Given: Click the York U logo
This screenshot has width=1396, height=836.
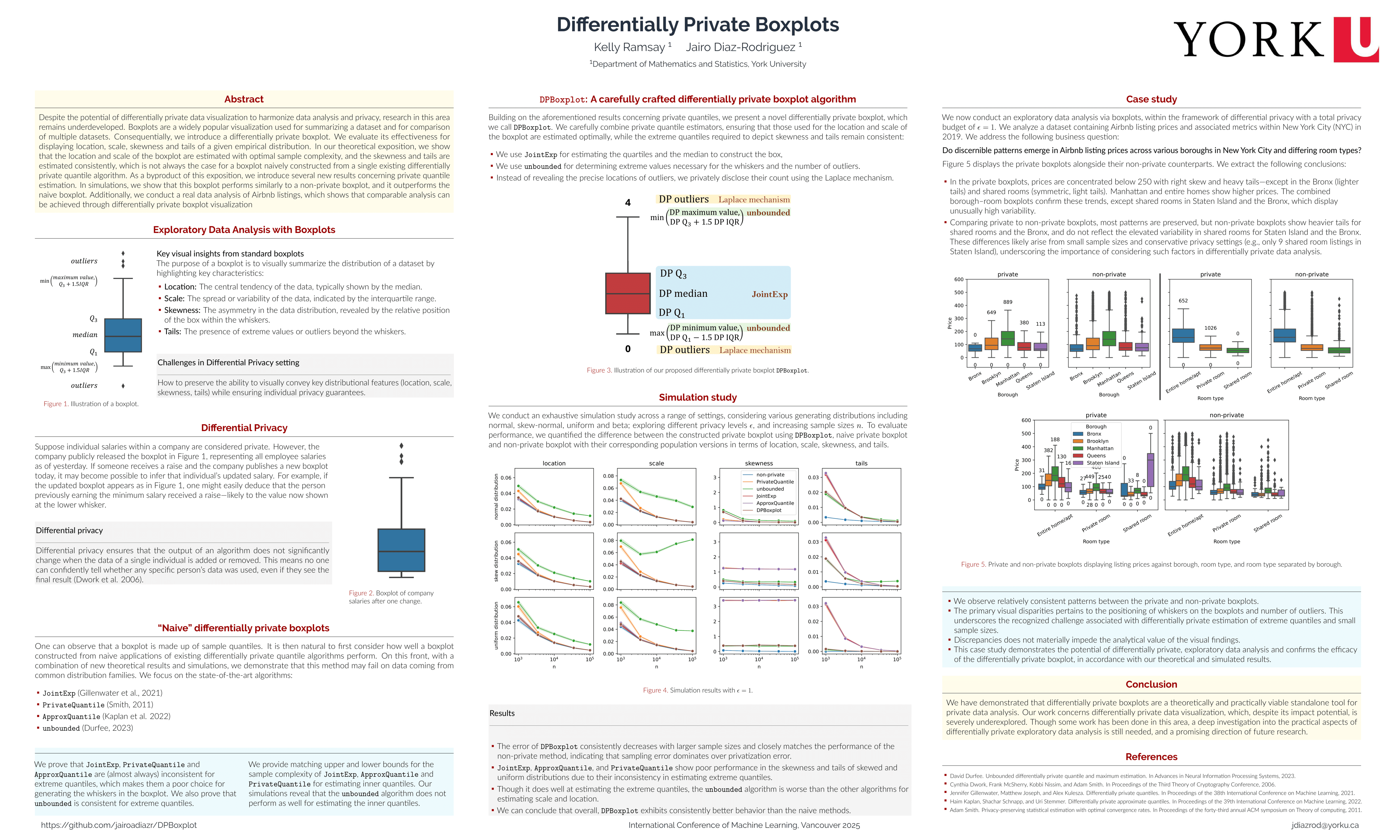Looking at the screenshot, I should [x=1276, y=39].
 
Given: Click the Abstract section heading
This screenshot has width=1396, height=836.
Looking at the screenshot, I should [x=244, y=99].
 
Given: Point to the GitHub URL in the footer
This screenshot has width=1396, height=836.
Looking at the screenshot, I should [x=119, y=825].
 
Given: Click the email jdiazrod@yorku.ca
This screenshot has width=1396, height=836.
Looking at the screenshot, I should [x=1325, y=825].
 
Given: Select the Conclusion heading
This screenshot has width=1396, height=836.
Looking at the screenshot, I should [x=1151, y=684].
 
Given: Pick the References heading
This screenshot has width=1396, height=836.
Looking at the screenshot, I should [x=1151, y=756].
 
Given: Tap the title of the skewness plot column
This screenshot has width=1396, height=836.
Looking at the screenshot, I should [x=759, y=463].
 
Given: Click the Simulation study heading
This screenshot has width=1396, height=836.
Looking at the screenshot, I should [x=698, y=397].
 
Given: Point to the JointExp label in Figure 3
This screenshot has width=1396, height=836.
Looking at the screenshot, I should [x=769, y=294].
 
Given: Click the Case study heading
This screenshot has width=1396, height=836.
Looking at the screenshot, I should [x=1151, y=99].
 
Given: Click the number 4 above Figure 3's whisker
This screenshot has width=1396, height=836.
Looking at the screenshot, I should [x=628, y=203].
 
